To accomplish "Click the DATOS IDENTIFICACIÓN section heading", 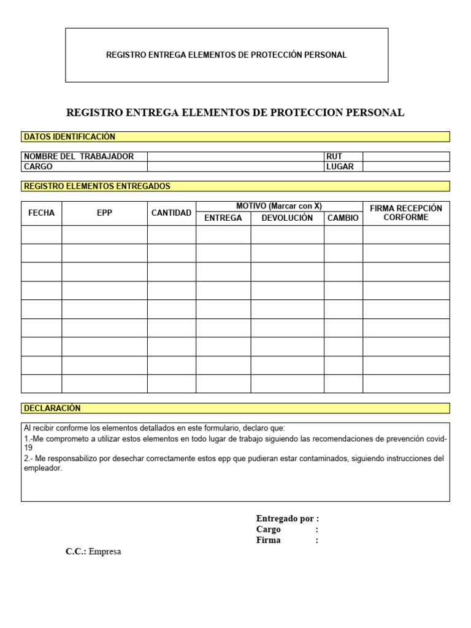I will tap(69, 137).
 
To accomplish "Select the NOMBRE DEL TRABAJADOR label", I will tap(78, 156).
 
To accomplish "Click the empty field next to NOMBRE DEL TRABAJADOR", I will tap(235, 156).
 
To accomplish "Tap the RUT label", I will tap(334, 156).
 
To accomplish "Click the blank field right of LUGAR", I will tap(405, 167).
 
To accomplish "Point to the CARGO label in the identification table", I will tap(38, 167).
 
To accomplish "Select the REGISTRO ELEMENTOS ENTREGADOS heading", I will tap(97, 186).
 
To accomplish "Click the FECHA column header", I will tap(41, 213).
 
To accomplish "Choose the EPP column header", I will tap(104, 213).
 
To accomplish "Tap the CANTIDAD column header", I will tap(171, 213).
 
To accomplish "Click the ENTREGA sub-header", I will tap(223, 218).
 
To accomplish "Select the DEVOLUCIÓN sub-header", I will tap(287, 218).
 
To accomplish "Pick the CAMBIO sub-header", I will tap(343, 218).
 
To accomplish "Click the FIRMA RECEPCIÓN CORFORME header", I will tap(405, 213).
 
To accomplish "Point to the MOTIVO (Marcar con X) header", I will tap(279, 206).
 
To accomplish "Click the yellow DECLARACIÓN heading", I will tap(52, 408).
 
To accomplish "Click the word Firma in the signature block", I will tap(268, 540).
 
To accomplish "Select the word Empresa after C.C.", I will tap(105, 551).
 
